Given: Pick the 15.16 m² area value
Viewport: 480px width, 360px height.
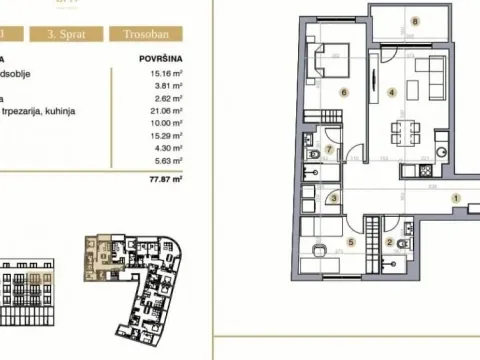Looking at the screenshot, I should click(163, 72).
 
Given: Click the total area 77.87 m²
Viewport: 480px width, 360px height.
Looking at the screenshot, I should click(161, 182).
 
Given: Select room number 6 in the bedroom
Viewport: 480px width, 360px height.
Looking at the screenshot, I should click(343, 93).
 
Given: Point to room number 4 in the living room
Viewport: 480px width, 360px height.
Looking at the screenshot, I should click(392, 93).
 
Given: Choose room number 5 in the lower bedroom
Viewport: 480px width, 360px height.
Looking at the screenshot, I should click(350, 242).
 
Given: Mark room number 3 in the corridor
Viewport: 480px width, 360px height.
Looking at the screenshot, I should click(333, 198).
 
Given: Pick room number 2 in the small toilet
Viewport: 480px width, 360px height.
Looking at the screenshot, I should click(389, 242).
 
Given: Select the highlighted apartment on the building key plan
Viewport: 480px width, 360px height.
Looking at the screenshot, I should click(100, 246).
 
